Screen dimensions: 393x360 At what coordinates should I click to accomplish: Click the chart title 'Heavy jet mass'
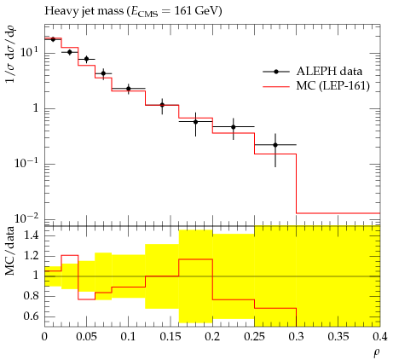point(84,11)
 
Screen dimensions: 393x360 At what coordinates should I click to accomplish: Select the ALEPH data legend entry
point(313,72)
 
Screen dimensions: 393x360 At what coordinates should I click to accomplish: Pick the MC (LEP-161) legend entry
point(316,85)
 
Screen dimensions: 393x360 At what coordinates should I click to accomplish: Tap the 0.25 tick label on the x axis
point(254,337)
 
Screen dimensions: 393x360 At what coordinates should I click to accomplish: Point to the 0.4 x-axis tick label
point(380,337)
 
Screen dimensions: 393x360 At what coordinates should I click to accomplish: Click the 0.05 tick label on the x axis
point(86,337)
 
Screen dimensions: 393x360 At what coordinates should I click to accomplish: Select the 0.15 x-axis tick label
point(170,337)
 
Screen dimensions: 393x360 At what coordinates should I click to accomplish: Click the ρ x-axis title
point(377,353)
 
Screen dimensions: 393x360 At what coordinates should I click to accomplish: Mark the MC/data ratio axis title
point(9,251)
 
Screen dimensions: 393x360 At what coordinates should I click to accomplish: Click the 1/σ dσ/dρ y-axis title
point(11,53)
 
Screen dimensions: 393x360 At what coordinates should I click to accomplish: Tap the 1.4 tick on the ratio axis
point(32,235)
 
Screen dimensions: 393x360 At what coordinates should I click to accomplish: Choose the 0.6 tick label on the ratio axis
point(32,316)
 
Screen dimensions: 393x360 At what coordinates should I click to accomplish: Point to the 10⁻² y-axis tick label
point(27,218)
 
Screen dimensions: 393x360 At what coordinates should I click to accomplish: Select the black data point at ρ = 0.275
point(275,145)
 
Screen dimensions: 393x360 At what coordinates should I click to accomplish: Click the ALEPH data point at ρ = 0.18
point(195,122)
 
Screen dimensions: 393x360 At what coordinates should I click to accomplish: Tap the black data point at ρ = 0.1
point(129,89)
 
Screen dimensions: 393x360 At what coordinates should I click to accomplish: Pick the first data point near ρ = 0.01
point(53,39)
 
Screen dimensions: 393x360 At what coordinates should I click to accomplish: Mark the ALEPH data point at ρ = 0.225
point(234,127)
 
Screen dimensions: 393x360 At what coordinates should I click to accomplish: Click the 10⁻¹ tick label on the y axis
point(27,163)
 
